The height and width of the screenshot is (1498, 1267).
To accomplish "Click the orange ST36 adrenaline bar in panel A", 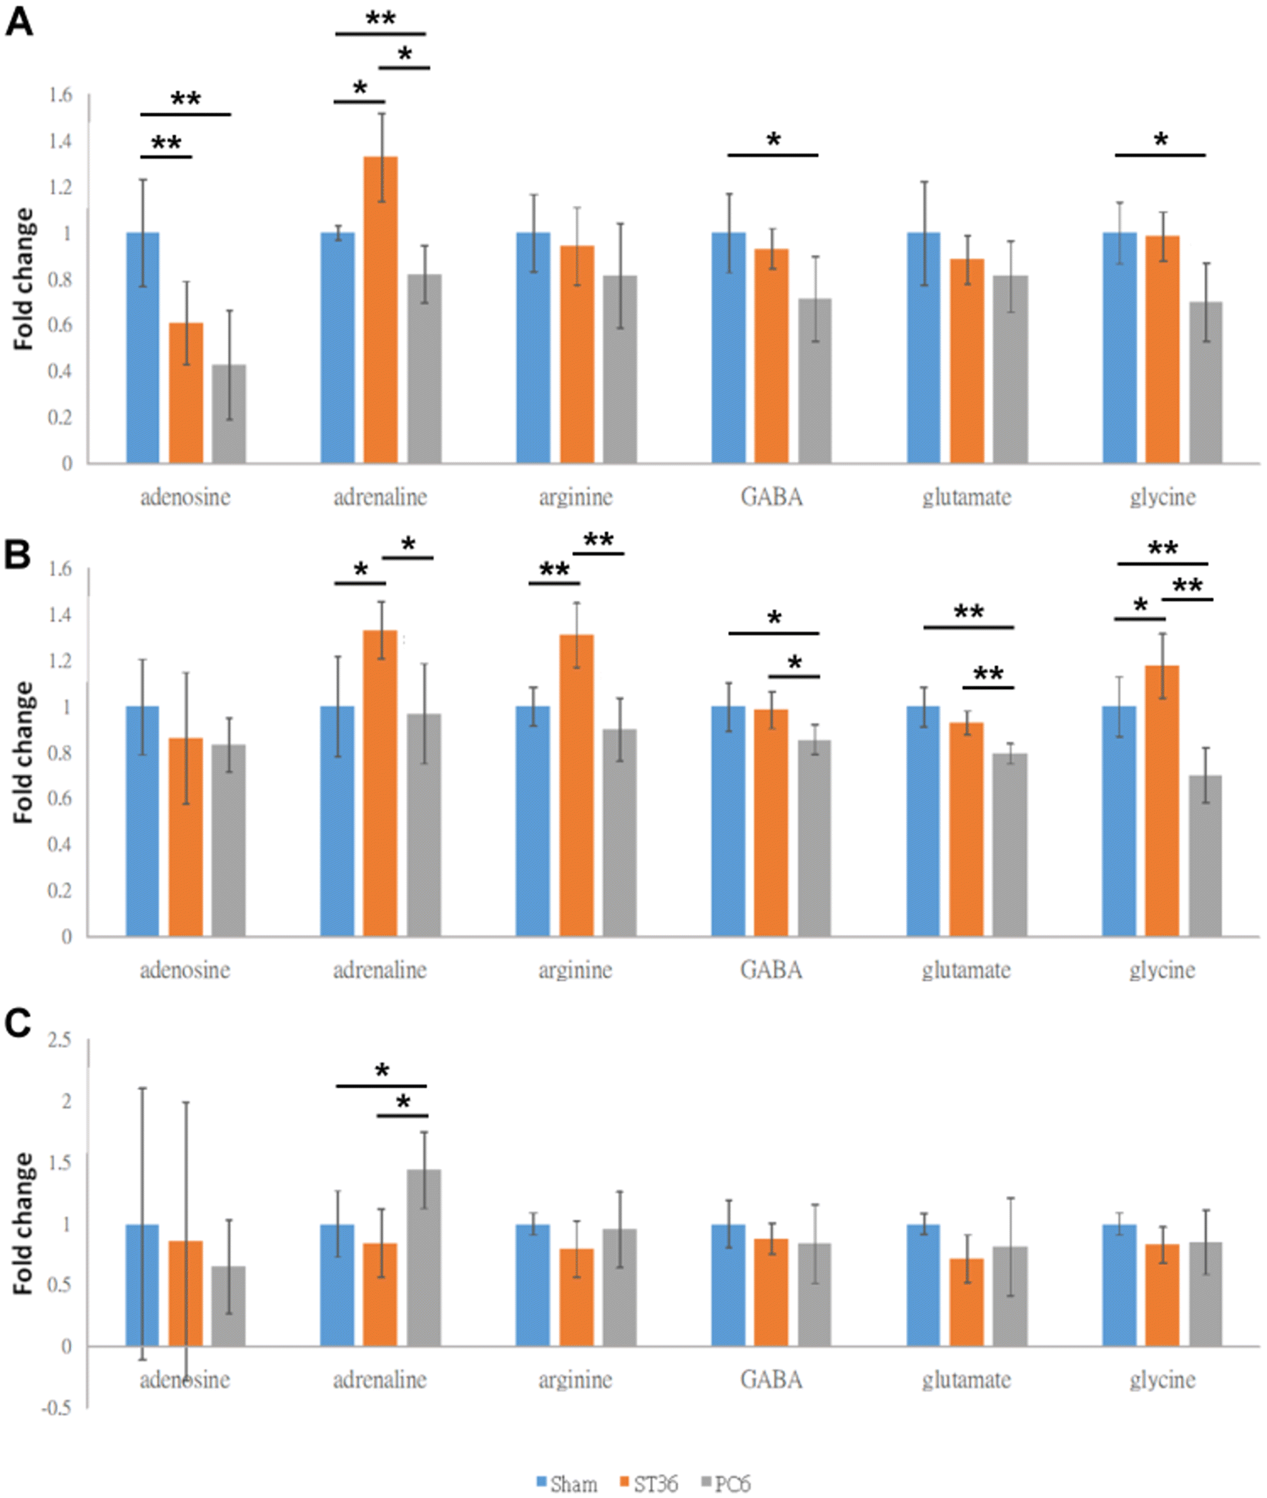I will point(380,309).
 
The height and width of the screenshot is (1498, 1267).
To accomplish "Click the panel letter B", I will point(17,554).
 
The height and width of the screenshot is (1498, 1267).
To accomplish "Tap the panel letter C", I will point(17,1024).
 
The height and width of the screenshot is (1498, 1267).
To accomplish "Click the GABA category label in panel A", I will point(771,496).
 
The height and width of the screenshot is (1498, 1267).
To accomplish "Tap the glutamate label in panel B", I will point(966,970).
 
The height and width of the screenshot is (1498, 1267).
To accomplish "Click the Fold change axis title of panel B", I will point(24,753).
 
